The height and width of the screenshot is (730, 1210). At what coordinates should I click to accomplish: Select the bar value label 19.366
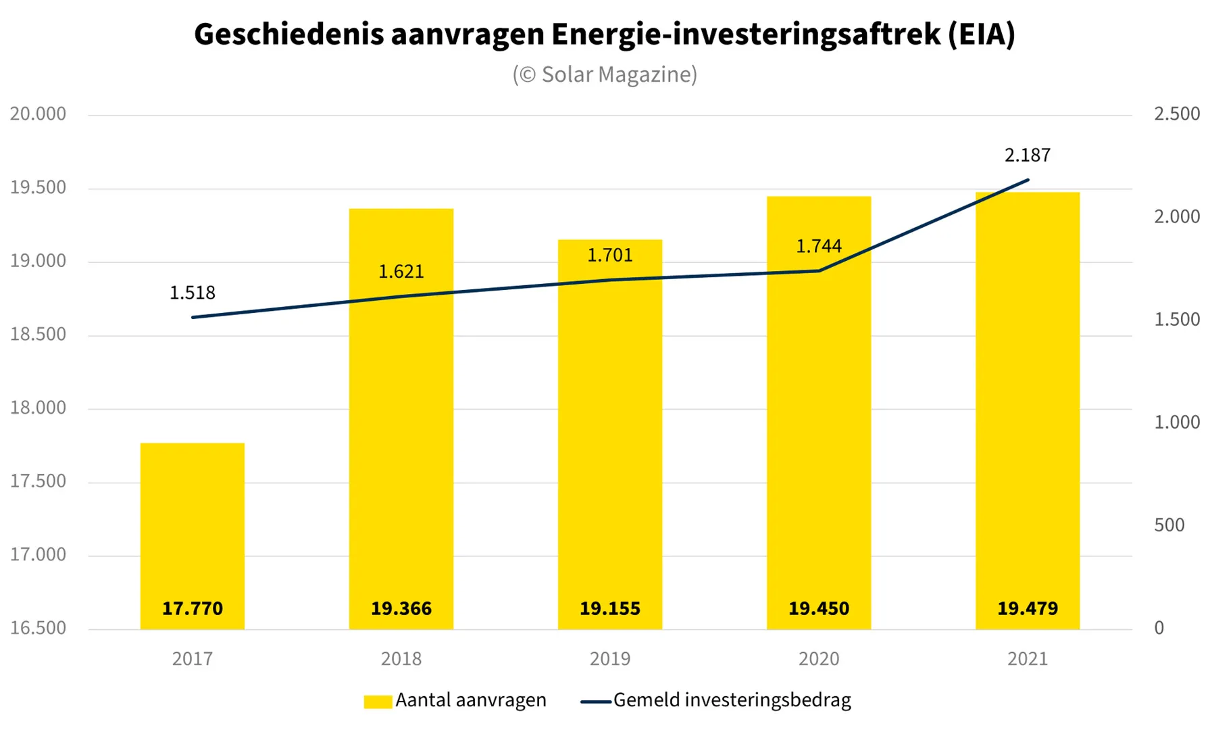point(401,608)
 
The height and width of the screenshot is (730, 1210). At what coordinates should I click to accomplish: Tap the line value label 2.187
point(1027,155)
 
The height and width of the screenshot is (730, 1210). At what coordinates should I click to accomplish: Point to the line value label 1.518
point(193,293)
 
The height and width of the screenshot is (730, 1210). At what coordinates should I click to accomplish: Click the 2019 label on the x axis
point(609,658)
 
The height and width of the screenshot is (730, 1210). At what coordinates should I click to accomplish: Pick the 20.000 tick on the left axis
point(38,114)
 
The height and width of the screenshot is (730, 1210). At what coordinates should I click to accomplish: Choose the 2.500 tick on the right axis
point(1176,114)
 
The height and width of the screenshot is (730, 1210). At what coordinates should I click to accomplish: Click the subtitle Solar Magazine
point(605,74)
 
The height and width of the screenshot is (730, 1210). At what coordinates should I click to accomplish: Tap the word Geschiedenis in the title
point(288,34)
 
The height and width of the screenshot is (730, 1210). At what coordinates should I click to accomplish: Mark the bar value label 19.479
point(1027,608)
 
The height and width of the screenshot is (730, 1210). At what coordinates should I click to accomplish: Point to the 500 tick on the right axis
point(1169,525)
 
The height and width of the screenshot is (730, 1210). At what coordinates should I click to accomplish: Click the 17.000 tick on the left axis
point(38,555)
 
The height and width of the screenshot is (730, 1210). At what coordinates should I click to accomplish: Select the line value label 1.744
point(818,246)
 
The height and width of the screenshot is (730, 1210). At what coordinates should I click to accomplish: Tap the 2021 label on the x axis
point(1027,658)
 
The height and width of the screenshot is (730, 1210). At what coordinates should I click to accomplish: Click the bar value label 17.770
point(193,608)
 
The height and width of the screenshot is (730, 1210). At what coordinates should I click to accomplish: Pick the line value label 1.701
point(609,255)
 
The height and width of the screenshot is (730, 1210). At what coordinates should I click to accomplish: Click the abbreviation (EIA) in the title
point(981,34)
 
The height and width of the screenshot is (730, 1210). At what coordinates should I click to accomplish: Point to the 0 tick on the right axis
point(1159,628)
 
